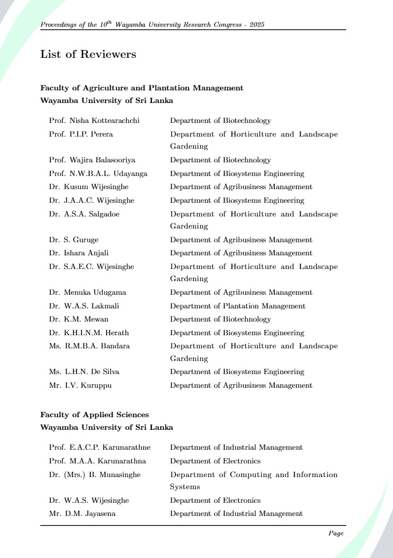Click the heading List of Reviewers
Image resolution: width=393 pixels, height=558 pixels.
tap(88, 55)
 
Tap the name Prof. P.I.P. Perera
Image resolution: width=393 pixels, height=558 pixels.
tap(81, 135)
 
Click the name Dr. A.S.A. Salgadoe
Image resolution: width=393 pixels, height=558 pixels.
tap(84, 214)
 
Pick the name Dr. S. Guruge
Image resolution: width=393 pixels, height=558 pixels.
tap(74, 240)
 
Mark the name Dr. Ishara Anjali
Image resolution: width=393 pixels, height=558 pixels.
tap(79, 253)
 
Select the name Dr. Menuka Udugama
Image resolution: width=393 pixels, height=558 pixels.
tap(87, 293)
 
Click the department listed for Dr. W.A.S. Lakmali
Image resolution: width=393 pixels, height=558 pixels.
tap(237, 306)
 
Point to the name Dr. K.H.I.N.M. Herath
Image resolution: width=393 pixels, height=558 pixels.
tap(89, 333)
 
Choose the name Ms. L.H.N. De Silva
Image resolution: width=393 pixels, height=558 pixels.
tap(84, 372)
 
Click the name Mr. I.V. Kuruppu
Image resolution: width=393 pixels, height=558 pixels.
tap(80, 386)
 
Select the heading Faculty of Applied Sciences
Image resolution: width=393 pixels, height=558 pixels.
tap(95, 415)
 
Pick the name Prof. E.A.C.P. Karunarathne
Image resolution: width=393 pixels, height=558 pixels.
tap(100, 448)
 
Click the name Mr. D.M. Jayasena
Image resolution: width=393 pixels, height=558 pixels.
tap(82, 514)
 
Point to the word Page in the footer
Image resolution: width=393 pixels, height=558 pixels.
tap(336, 533)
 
